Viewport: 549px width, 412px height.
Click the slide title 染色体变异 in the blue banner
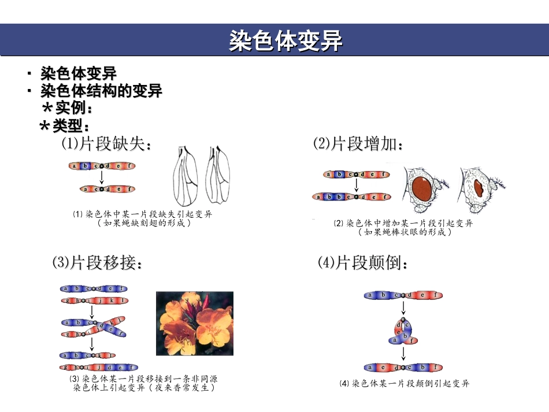(286, 41)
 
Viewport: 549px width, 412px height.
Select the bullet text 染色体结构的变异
(101, 91)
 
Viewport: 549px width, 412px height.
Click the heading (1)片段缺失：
(107, 144)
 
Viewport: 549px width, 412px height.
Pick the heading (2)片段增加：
(358, 144)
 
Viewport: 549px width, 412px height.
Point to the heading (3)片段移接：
(97, 263)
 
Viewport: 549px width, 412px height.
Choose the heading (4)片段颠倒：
(363, 263)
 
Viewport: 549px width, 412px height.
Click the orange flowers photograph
(195, 324)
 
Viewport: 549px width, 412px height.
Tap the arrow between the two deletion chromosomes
(101, 177)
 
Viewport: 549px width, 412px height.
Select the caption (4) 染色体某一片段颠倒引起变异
(404, 383)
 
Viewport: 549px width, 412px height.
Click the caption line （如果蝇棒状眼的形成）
(404, 232)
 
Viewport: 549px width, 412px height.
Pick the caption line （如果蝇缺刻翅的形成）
(143, 222)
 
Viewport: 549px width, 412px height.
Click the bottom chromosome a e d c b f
(403, 368)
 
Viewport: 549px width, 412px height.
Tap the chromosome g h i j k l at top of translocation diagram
(94, 300)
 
